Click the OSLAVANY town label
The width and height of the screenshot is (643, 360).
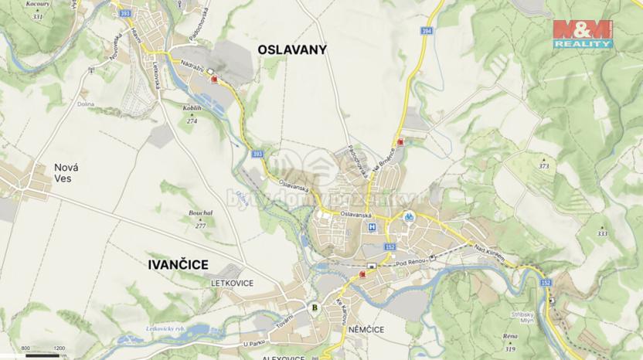coord(291,50)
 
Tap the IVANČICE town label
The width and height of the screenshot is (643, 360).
coord(177,265)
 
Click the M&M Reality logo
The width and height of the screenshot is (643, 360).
coord(583,34)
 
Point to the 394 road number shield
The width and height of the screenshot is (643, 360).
coord(427,31)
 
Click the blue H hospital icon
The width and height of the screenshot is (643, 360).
coord(373,227)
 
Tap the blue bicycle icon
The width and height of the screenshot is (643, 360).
coord(410,217)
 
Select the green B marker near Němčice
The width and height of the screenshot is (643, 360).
coord(314,307)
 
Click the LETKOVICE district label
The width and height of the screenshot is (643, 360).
coord(232,284)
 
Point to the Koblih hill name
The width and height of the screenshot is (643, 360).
coord(192,110)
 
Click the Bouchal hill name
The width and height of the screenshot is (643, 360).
coord(200,213)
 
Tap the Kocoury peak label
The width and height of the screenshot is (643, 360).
coord(37,4)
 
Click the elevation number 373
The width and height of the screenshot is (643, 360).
coord(544,166)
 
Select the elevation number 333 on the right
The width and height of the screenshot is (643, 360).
coord(602,233)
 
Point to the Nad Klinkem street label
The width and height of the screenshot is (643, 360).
coord(488,252)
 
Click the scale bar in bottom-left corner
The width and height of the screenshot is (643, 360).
coord(42,355)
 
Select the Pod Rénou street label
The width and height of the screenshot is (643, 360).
coord(411,264)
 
